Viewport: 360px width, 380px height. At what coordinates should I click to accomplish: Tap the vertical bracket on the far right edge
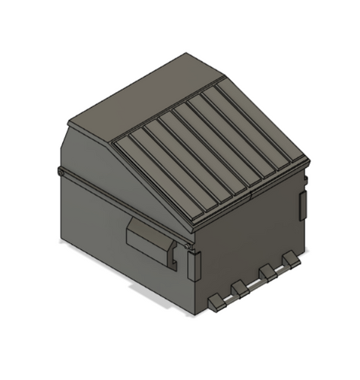click(x=302, y=205)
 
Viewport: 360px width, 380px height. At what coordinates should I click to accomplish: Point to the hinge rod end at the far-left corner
click(x=60, y=174)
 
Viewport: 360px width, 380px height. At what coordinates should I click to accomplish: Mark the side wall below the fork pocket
click(x=129, y=274)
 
